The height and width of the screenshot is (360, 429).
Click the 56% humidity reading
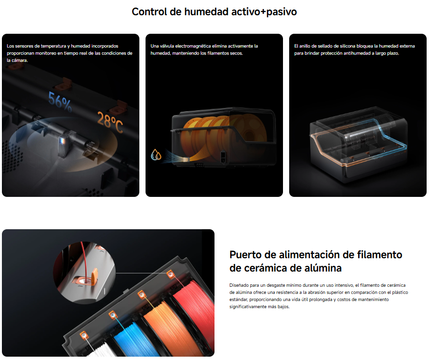click(60, 102)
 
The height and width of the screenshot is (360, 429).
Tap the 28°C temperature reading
click(110, 122)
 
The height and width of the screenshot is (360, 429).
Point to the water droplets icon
click(156, 155)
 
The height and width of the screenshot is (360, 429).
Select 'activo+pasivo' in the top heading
click(264, 12)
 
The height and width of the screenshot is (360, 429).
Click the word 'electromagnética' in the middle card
click(193, 46)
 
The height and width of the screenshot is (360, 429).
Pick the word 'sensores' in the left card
click(24, 46)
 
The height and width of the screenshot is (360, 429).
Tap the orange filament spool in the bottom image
click(167, 326)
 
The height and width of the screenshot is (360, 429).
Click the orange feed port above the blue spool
click(113, 315)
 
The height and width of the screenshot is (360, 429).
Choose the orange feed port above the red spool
click(170, 273)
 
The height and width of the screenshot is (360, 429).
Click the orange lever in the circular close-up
click(94, 276)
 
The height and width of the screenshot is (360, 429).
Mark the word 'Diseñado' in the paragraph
click(239, 285)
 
